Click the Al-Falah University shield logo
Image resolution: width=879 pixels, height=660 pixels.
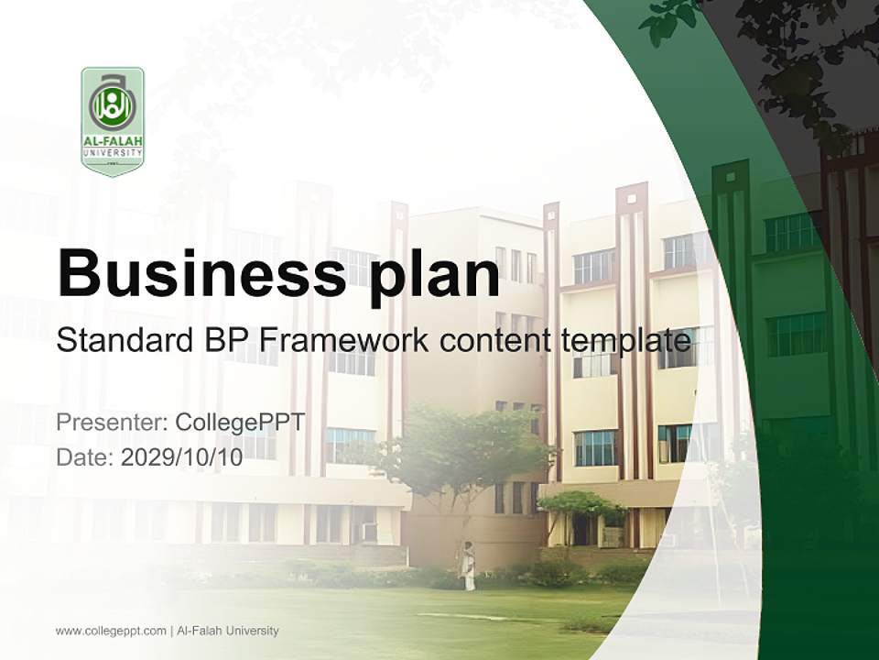[113, 120]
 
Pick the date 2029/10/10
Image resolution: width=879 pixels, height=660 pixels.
[181, 457]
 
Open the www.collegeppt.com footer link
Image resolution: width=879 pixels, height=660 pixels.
[111, 631]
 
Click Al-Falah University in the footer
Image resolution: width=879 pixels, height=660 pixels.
[228, 631]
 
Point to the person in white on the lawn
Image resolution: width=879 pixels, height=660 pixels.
[468, 566]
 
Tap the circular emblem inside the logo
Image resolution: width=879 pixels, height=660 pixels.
[113, 106]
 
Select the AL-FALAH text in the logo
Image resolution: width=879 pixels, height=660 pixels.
[113, 142]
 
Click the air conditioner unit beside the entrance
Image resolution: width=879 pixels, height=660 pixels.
[370, 532]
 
